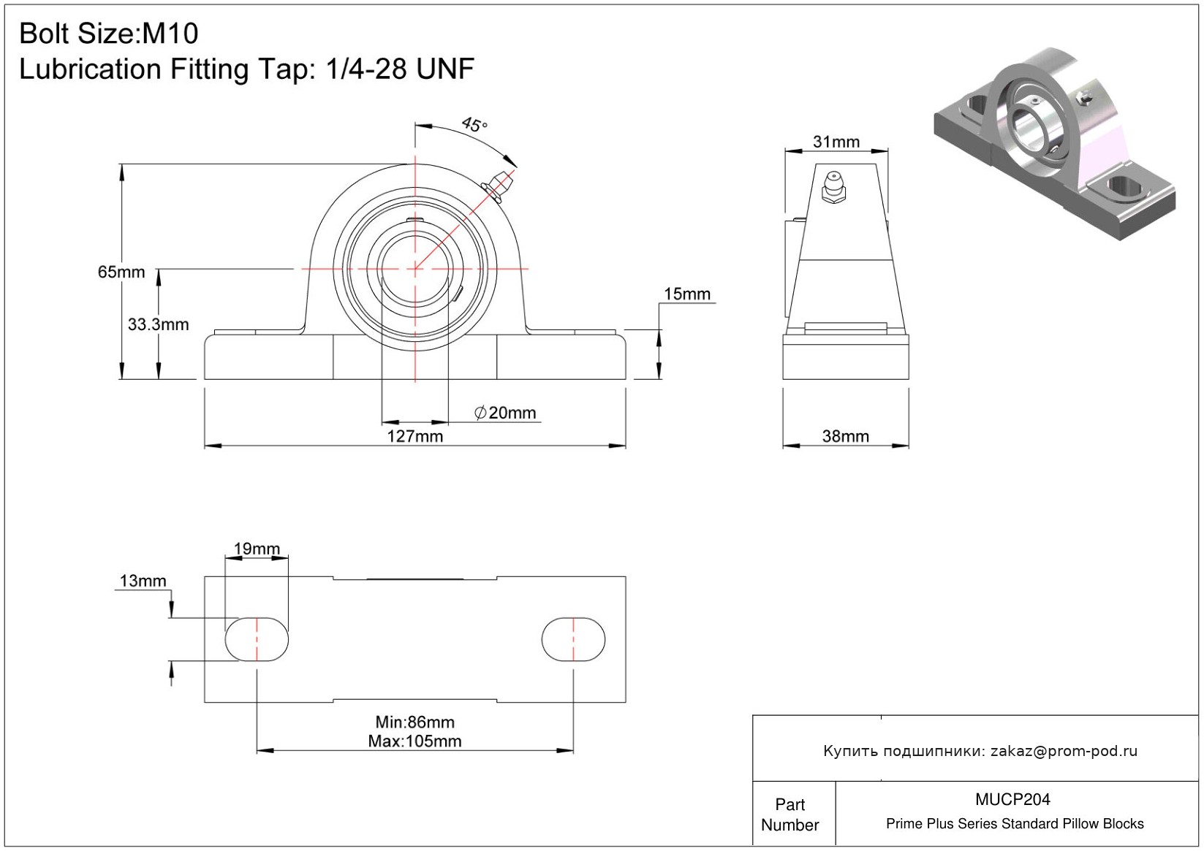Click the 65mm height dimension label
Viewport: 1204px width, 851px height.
click(x=121, y=272)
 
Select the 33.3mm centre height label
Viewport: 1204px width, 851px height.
click(x=158, y=324)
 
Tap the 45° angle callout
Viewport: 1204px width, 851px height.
click(x=474, y=125)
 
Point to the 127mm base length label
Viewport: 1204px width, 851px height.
click(x=415, y=436)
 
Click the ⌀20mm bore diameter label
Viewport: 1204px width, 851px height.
click(x=505, y=413)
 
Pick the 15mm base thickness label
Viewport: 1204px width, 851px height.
click(x=687, y=294)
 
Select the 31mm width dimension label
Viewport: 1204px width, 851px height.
click(x=836, y=142)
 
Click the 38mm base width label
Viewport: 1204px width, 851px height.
click(x=846, y=436)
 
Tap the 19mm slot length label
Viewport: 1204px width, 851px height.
click(x=257, y=549)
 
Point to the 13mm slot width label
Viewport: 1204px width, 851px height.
click(x=143, y=581)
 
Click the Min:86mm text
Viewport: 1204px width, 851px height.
click(x=415, y=722)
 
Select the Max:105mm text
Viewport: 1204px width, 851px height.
click(x=415, y=741)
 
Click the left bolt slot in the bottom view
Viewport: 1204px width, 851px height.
click(x=257, y=639)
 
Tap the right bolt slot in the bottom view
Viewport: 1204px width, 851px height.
click(x=574, y=639)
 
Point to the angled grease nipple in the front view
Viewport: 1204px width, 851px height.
click(x=499, y=186)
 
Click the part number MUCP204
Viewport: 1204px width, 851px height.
click(x=1012, y=799)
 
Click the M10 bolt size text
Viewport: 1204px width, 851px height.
click(x=170, y=34)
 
